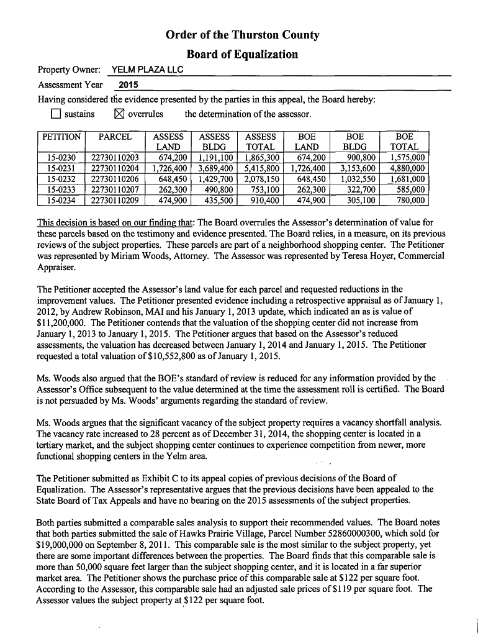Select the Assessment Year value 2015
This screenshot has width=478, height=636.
click(x=129, y=85)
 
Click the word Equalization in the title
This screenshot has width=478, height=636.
click(x=264, y=54)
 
